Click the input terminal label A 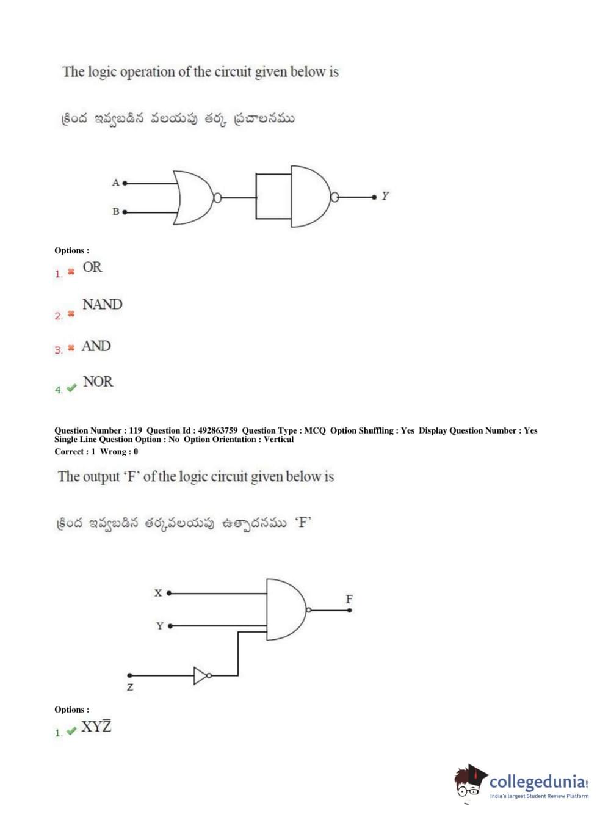(115, 182)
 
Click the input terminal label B (115, 211)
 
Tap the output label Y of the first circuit (385, 196)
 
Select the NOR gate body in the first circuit (193, 197)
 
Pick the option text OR (92, 267)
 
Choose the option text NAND (102, 304)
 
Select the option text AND (96, 346)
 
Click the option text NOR (98, 382)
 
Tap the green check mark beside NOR (71, 388)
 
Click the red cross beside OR (71, 271)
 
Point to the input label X (158, 592)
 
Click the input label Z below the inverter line (130, 687)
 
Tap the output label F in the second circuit (349, 598)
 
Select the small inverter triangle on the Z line (200, 675)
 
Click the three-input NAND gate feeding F (286, 609)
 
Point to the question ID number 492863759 (218, 430)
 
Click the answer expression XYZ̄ (96, 726)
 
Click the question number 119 (136, 430)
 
